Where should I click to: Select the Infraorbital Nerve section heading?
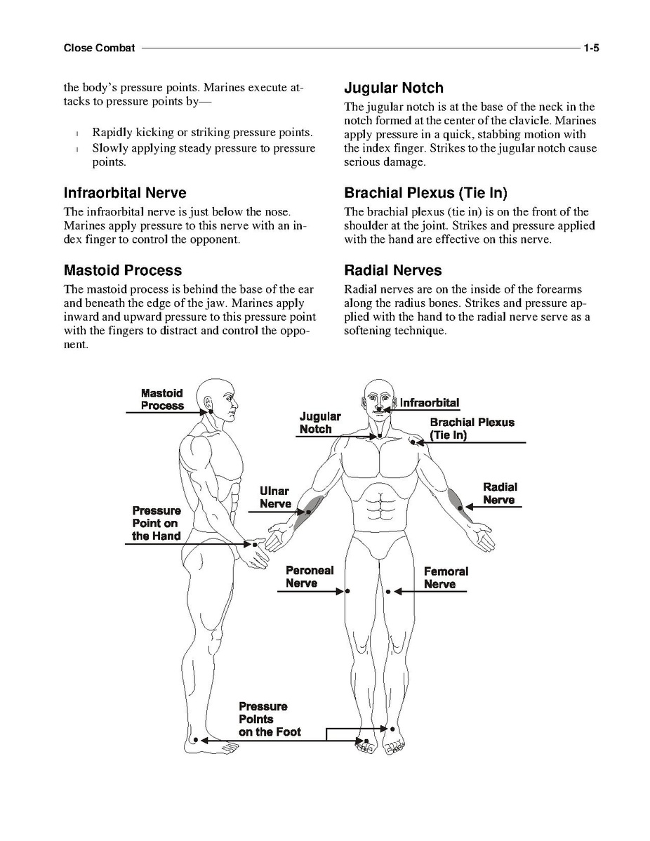[x=125, y=193]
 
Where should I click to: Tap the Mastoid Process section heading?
[x=123, y=270]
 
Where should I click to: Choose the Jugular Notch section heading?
[x=394, y=88]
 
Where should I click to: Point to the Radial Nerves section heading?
[x=393, y=270]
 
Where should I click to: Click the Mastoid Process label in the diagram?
[x=162, y=399]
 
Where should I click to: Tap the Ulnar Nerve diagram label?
[x=275, y=498]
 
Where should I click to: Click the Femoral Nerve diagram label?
[x=445, y=578]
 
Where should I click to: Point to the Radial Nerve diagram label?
[x=500, y=494]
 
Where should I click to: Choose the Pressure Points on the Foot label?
[x=270, y=719]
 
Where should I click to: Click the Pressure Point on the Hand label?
[x=157, y=524]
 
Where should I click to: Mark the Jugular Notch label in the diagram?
[x=320, y=423]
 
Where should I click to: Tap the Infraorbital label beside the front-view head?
[x=430, y=403]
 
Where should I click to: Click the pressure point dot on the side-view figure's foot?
[x=205, y=740]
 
